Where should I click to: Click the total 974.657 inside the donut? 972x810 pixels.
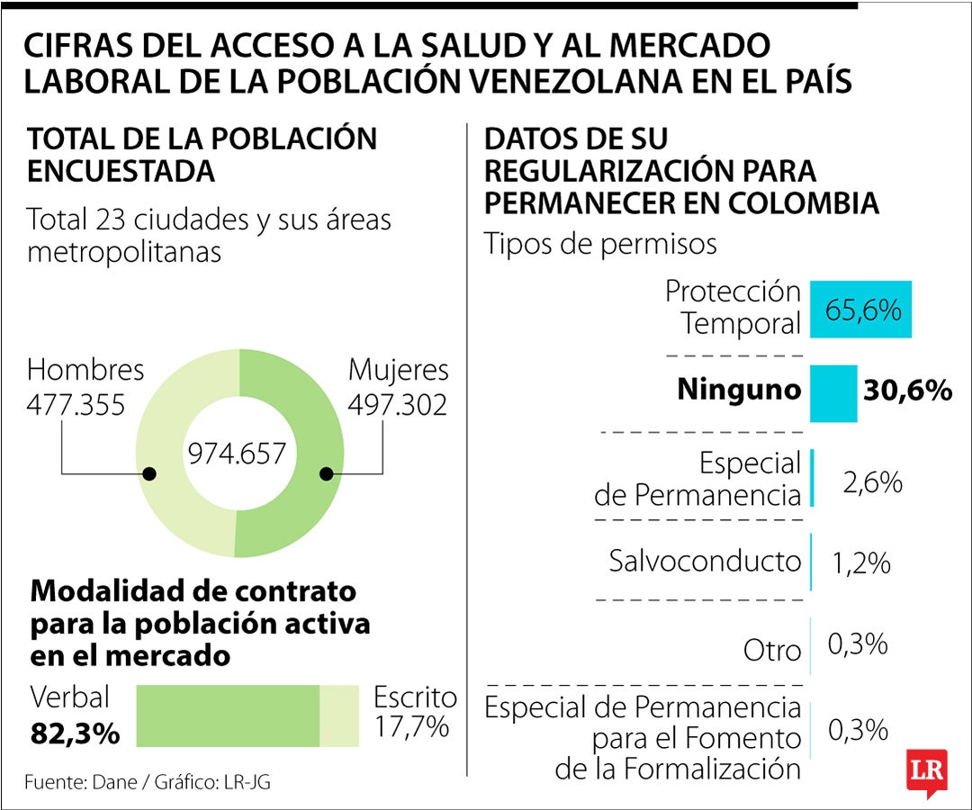(237, 453)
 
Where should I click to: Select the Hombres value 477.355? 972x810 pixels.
(75, 405)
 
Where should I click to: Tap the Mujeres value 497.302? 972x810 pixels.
(398, 405)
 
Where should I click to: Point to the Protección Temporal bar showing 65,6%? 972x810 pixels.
(860, 310)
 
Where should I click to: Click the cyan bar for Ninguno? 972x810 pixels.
(832, 392)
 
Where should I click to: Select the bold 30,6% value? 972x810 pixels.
(907, 391)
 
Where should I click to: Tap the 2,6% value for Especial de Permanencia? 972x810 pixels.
(871, 481)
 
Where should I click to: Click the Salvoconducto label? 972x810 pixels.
(705, 561)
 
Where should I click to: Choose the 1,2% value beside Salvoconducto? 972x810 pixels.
(861, 563)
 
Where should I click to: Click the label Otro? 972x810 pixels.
(772, 650)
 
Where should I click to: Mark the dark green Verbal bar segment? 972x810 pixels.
(228, 715)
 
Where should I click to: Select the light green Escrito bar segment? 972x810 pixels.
(339, 715)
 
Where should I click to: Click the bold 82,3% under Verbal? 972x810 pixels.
(76, 733)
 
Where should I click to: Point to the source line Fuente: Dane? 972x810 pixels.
(147, 781)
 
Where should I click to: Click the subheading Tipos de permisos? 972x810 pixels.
(600, 243)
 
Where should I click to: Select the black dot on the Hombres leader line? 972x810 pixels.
(149, 473)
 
